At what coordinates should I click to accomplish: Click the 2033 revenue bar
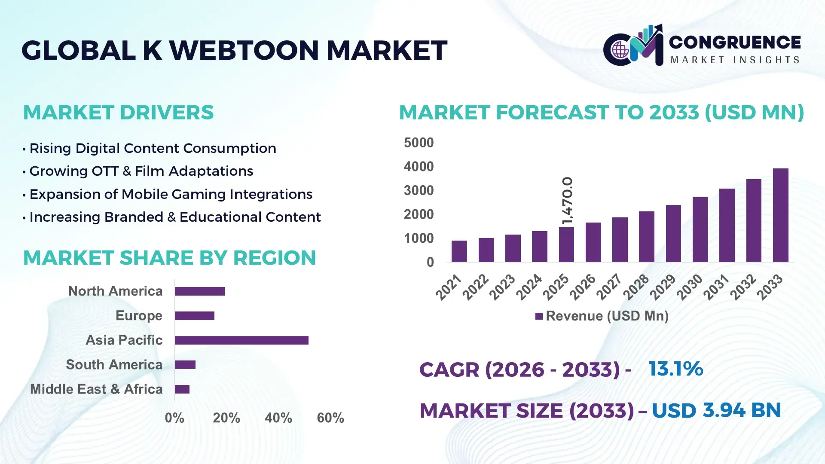[780, 215]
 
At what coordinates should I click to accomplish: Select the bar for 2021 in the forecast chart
[459, 251]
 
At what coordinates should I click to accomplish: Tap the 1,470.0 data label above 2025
[567, 200]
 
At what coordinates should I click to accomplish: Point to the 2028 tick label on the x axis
[636, 287]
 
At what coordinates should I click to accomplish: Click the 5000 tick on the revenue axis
[419, 143]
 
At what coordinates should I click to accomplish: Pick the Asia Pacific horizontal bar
[241, 340]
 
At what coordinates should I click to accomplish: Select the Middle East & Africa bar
[182, 389]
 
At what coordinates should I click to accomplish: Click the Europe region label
[139, 316]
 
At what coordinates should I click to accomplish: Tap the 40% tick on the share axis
[278, 418]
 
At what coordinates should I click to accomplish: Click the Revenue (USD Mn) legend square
[539, 316]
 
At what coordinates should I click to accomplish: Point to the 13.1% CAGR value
[675, 369]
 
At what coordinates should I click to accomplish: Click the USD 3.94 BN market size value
[716, 410]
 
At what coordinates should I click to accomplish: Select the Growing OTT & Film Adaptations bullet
[141, 171]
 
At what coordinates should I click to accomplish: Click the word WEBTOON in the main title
[244, 50]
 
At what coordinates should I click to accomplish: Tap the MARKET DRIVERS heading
[118, 113]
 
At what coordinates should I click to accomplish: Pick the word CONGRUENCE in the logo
[735, 42]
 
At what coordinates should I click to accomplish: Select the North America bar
[199, 291]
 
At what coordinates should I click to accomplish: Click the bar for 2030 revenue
[700, 229]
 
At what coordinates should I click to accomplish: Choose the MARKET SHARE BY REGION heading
[169, 258]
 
